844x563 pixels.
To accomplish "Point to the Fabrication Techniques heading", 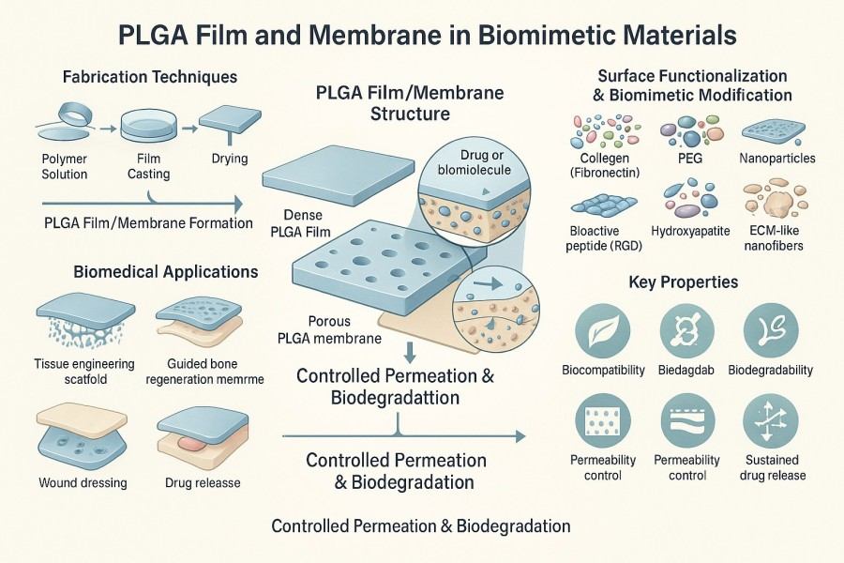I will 149,76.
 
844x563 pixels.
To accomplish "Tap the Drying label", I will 230,159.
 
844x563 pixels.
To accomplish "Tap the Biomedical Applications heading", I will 166,272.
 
